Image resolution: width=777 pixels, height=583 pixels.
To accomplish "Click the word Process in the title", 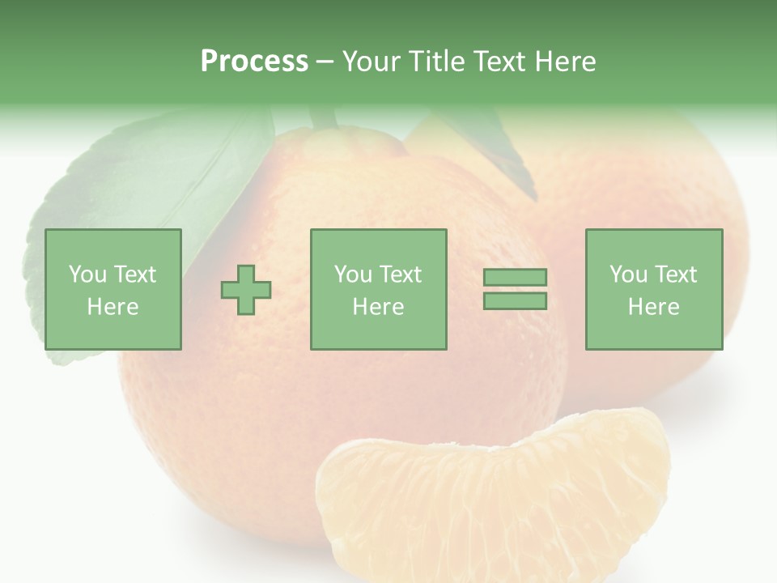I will pos(254,62).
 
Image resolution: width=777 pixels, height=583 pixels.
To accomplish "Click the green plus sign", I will pos(246,289).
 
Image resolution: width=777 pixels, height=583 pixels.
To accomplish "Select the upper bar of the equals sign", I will pos(515,277).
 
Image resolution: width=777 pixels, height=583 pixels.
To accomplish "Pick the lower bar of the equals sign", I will pos(515,300).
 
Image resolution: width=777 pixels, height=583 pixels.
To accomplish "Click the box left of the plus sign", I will pos(113,289).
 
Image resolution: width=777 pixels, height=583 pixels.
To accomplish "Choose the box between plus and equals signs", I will pos(378,289).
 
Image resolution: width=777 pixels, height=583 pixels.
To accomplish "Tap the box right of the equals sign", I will pos(653,289).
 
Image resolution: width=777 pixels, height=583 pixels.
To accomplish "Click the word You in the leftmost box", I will pos(87,274).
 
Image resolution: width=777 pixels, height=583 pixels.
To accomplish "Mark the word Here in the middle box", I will pos(378,307).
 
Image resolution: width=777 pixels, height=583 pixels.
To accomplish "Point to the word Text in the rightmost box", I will pos(674,274).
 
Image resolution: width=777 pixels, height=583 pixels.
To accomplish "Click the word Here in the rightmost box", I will pos(653,307).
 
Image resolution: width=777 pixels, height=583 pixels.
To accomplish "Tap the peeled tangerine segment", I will pos(494,502).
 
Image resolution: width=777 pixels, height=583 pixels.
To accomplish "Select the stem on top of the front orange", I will pos(324,118).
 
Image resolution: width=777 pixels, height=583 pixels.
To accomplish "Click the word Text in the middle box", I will pos(400,274).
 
